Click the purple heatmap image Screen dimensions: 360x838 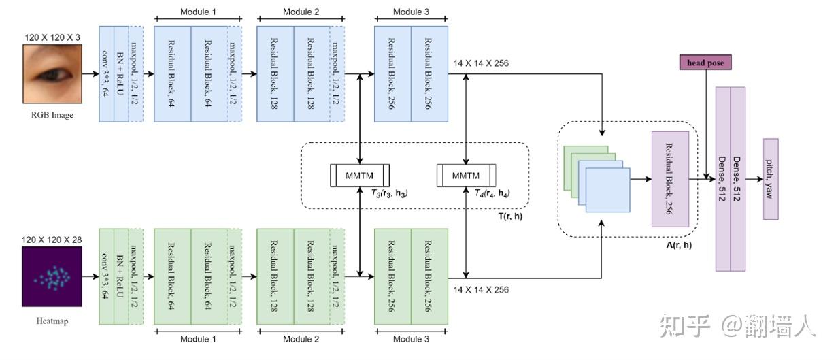click(52, 276)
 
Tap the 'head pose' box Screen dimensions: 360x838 click(705, 63)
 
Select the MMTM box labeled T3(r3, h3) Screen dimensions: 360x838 click(360, 176)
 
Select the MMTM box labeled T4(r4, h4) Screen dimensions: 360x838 click(466, 176)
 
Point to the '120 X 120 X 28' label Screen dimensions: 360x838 click(52, 240)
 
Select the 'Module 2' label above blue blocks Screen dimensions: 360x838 click(300, 12)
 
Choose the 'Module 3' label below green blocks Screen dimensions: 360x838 click(411, 339)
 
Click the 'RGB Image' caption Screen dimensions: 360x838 click(52, 115)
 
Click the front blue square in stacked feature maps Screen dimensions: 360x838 click(607, 190)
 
